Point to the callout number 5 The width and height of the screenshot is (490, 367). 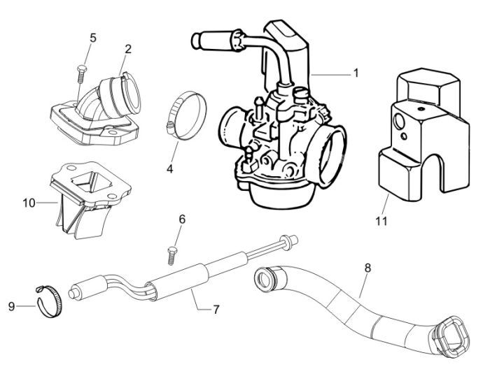[93, 38]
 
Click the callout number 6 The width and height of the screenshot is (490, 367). [183, 219]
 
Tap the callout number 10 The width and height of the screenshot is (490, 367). [28, 203]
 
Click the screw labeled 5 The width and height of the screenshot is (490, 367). [81, 70]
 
